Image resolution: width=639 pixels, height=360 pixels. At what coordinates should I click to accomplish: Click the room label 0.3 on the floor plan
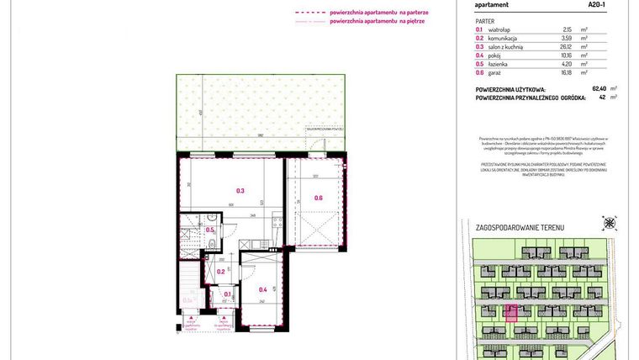[x=240, y=191]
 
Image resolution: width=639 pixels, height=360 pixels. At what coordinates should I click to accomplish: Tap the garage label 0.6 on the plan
[x=319, y=198]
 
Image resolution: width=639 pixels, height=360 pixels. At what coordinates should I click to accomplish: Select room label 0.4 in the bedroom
[x=262, y=289]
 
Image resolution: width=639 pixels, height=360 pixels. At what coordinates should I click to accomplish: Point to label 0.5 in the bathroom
[x=210, y=230]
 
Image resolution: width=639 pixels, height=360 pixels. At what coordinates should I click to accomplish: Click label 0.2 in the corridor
[x=220, y=271]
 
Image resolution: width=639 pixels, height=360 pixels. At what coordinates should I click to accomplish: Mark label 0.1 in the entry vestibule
[x=227, y=294]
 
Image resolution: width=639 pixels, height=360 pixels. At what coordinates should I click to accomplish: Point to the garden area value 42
[x=602, y=97]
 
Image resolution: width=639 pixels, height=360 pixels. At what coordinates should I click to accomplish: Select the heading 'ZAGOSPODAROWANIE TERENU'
[x=520, y=228]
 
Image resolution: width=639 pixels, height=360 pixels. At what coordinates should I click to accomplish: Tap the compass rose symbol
[x=610, y=224]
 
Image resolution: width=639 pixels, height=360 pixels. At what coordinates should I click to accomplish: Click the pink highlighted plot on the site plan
[x=510, y=313]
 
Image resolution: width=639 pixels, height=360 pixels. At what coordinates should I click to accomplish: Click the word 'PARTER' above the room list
[x=484, y=19]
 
